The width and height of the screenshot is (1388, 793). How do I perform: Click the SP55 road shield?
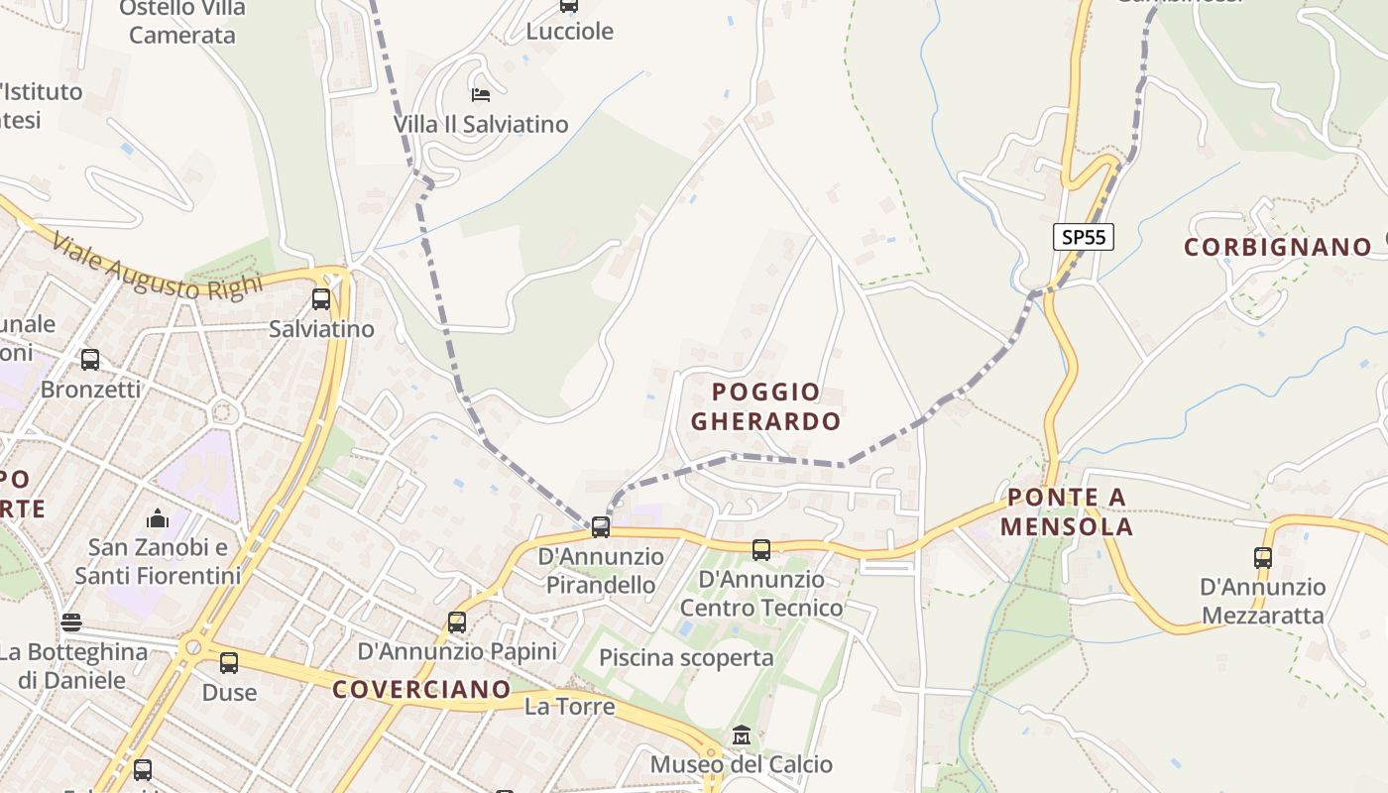coord(1083,237)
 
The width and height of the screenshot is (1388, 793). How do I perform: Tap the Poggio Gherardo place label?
coord(765,406)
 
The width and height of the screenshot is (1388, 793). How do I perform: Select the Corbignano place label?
coord(1278,247)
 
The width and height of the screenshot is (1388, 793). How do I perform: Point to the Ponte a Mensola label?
coord(1066,511)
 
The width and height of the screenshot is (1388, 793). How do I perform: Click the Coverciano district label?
coord(421,689)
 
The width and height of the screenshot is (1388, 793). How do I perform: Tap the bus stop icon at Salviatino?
coord(321,299)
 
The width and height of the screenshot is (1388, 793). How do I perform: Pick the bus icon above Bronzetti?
coord(90,360)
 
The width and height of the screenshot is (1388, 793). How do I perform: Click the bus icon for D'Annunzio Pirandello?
coord(601,526)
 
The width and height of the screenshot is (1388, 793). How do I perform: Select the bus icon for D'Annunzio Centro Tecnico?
coord(761,549)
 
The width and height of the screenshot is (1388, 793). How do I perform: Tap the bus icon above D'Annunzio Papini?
coord(457,623)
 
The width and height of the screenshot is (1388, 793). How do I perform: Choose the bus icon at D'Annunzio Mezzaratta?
coord(1262,557)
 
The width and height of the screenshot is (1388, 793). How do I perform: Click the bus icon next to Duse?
coord(229,663)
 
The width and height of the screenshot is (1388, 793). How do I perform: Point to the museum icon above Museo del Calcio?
coord(741,736)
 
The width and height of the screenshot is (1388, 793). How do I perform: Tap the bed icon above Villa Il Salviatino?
coord(481,95)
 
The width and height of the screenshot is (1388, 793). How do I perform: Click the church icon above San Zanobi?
coord(158,518)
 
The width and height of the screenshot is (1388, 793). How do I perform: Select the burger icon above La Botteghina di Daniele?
coord(71,623)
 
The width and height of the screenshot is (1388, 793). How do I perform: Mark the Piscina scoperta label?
coord(686,657)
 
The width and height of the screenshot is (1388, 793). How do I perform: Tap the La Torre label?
coord(569,707)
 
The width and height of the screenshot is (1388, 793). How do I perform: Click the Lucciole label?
coord(569,31)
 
